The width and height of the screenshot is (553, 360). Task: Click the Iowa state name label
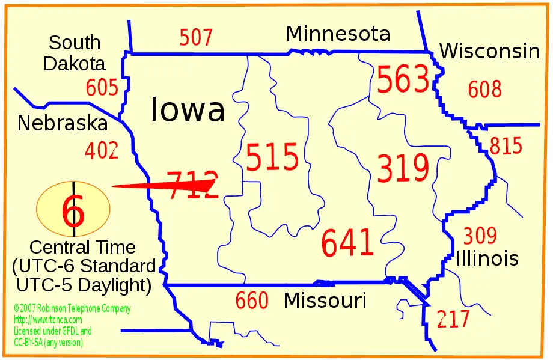tap(188, 109)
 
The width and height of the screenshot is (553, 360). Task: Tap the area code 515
tap(272, 158)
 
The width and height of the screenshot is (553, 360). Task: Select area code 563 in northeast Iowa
tap(403, 80)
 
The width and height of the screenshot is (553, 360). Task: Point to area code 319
tap(403, 168)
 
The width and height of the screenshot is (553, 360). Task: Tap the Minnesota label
tap(338, 34)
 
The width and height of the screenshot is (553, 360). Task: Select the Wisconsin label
tap(489, 52)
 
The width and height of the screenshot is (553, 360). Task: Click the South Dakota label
tap(75, 53)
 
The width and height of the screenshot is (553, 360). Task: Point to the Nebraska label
tap(62, 123)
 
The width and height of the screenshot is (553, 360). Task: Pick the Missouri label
tap(325, 300)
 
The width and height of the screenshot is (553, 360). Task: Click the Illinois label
tap(487, 258)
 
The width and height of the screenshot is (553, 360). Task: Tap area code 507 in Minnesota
tap(196, 38)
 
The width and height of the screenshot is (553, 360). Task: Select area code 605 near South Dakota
tap(102, 88)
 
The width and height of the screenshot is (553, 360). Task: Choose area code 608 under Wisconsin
tap(484, 90)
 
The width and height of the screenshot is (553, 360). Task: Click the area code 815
tap(506, 146)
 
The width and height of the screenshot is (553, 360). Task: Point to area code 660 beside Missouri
tap(252, 301)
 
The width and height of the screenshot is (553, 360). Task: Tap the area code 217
tap(453, 319)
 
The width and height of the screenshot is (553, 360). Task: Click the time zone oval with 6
tap(73, 209)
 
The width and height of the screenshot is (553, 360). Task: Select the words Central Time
tap(82, 247)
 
